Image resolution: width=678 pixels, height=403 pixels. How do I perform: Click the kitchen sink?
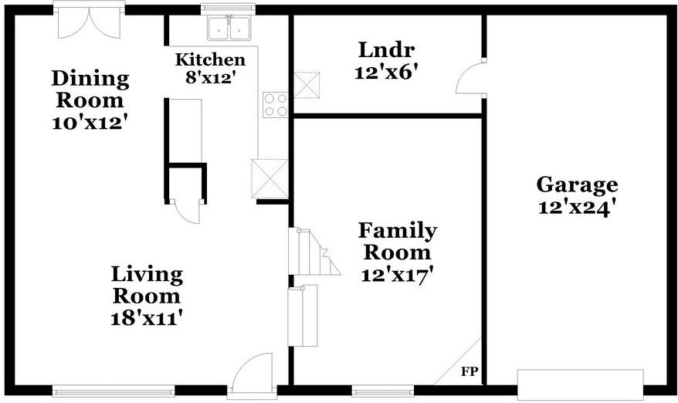coord(229,28)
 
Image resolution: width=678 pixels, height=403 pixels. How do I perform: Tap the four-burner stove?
coord(276,105)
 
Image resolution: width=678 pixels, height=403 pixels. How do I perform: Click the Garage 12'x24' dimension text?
coord(577,208)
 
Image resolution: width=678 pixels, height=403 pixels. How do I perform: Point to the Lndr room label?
coord(387,49)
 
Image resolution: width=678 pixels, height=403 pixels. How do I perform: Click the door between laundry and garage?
coord(471,78)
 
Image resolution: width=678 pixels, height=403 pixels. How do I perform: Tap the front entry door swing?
coord(252,373)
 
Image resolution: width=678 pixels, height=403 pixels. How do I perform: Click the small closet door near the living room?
coord(186,211)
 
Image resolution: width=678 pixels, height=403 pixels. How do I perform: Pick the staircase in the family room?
coord(313,252)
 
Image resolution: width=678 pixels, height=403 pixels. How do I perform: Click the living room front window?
coord(114,391)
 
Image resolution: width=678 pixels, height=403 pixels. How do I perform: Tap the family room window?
coord(383,391)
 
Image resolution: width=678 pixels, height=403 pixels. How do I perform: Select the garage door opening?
coord(580,384)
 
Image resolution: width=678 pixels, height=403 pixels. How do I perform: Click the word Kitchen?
coord(210,59)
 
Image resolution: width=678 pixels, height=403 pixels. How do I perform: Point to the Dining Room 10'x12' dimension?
coord(90,124)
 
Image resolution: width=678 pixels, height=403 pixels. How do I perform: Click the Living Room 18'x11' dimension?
coord(146,319)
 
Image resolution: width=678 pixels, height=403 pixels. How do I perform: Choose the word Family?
coord(398,232)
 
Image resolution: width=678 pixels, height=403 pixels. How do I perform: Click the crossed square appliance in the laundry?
coord(307,85)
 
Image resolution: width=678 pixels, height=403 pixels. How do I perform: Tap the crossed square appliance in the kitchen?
coord(270,178)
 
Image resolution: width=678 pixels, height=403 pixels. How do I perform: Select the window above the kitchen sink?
coord(228,8)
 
